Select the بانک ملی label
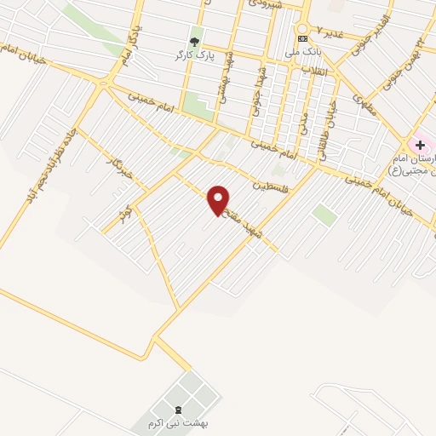[303, 51]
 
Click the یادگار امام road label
[124, 48]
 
